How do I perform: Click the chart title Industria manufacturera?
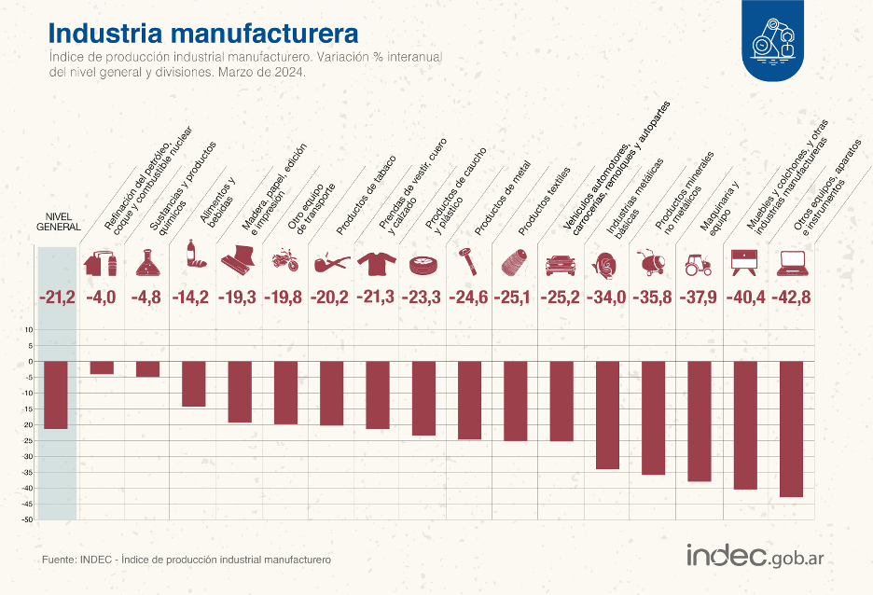coord(203,34)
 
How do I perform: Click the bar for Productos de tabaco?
coord(331,393)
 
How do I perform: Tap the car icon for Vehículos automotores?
coord(561,264)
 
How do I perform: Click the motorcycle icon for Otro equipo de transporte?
coord(284,260)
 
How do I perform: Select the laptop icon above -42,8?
coord(792,263)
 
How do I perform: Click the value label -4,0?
coord(102,297)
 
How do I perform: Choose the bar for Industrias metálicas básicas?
coord(607,415)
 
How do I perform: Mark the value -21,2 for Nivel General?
coord(56,297)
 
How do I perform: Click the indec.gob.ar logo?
coord(759,556)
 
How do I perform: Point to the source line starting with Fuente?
coord(187,560)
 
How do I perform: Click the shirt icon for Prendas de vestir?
coord(377,262)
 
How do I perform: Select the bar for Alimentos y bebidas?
coord(193,383)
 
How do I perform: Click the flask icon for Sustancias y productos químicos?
coord(147,263)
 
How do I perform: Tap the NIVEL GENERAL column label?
coord(59,220)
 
